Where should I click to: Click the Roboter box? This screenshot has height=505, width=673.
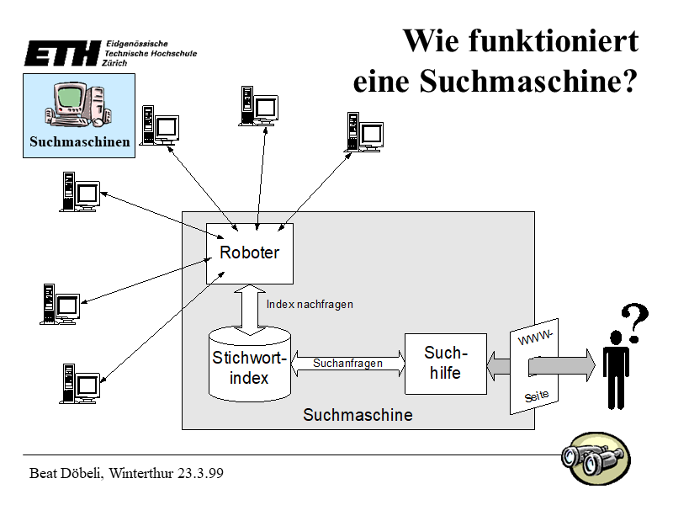point(250,253)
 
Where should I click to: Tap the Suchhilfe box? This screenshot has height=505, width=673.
point(445,363)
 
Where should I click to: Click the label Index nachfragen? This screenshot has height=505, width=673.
point(310,305)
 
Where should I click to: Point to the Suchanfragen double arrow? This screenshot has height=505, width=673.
point(347,364)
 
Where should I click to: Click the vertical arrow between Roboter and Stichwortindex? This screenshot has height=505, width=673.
point(250,307)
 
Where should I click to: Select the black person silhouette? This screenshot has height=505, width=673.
point(617,368)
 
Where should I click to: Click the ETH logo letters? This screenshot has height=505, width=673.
point(61,54)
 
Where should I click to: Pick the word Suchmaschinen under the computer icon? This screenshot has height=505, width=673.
point(79,141)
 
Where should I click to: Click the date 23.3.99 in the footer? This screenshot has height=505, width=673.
point(200,474)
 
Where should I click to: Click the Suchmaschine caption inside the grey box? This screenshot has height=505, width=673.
point(358,415)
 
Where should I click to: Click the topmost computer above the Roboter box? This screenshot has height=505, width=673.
point(257,106)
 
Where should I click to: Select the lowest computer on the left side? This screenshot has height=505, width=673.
point(80,383)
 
